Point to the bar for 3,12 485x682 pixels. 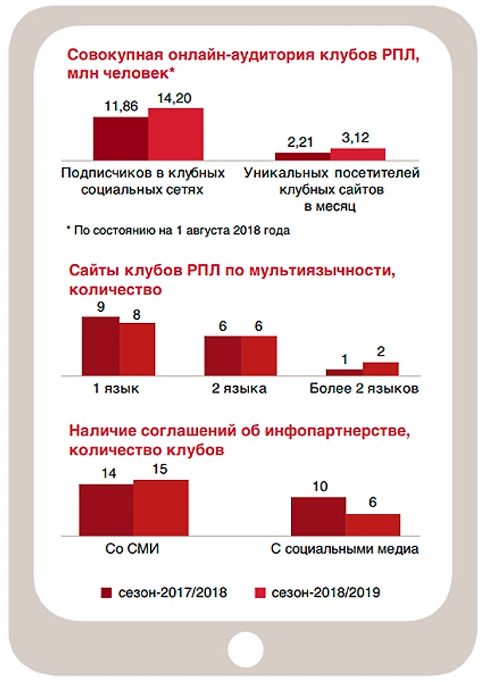(x=358, y=154)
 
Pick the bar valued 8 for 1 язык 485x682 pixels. (x=137, y=349)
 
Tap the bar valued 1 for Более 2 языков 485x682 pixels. (x=344, y=372)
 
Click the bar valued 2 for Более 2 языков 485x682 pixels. (x=380, y=369)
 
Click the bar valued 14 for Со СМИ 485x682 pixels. (x=106, y=510)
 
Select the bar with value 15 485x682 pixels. (x=161, y=508)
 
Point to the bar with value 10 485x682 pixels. (x=318, y=516)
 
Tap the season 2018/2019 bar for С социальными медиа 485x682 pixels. (x=373, y=524)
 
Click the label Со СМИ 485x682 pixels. (x=134, y=550)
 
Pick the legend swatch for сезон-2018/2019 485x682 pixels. (x=260, y=592)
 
